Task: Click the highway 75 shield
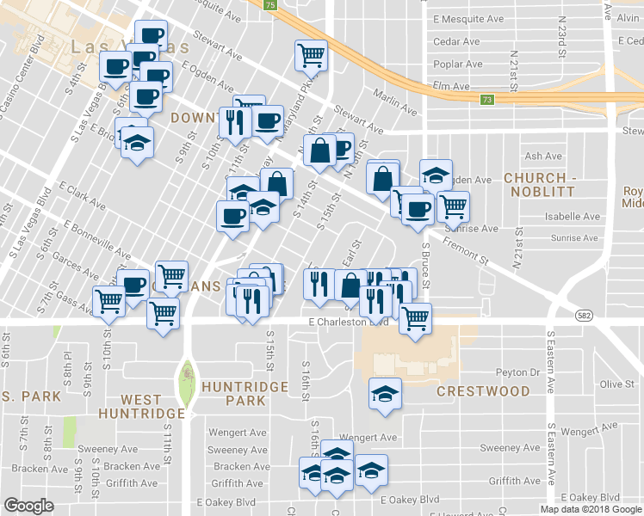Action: [271, 5]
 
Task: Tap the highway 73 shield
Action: [486, 100]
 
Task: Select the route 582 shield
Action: [585, 315]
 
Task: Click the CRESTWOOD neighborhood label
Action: [483, 391]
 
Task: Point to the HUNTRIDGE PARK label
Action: [245, 394]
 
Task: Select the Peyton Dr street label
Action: [517, 372]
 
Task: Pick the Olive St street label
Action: [616, 384]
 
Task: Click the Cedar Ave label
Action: [457, 41]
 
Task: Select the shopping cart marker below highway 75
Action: [311, 55]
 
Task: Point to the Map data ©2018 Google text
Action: [591, 509]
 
